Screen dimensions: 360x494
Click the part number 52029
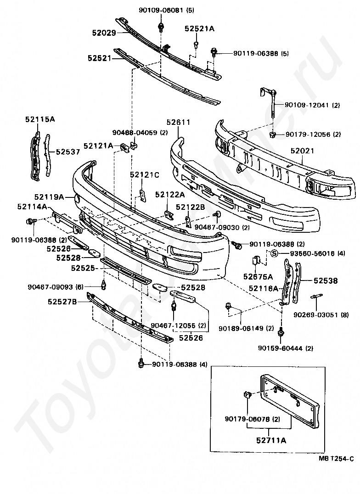tap(104, 33)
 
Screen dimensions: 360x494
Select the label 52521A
tap(200, 28)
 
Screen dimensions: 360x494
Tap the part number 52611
tap(179, 122)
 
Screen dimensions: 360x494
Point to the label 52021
tap(303, 151)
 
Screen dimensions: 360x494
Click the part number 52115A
tap(40, 119)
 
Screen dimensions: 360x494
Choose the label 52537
tap(68, 152)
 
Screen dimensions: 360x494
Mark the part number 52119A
tap(49, 197)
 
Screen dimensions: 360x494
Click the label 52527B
tap(62, 302)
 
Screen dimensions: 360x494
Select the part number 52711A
tap(271, 440)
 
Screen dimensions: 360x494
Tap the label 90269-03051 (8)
tap(321, 314)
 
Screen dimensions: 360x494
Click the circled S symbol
tap(275, 253)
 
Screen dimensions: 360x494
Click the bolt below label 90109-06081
tap(161, 27)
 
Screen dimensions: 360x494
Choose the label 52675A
tap(258, 277)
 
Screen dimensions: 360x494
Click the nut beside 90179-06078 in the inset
tap(247, 394)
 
